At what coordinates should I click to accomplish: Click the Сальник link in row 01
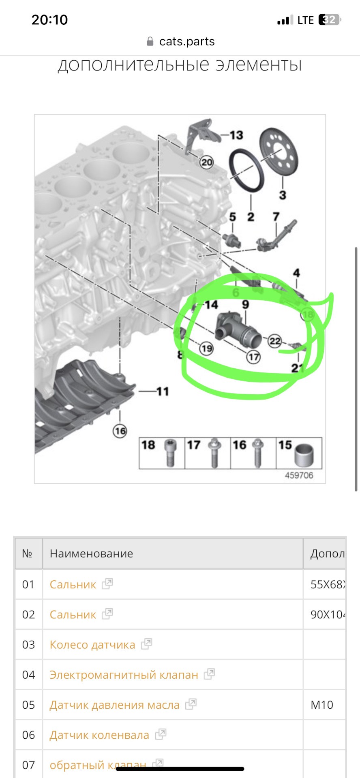tap(73, 584)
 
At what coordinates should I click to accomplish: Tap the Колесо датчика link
tap(92, 645)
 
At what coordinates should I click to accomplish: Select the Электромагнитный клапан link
tap(124, 675)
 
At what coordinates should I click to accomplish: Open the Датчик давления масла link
tap(114, 705)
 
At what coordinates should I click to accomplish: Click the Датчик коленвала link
tap(99, 735)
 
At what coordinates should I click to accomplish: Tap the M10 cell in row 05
tap(322, 705)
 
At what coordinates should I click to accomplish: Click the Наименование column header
tap(92, 554)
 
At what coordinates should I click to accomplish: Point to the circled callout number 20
tap(207, 162)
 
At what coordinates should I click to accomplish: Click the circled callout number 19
tap(206, 348)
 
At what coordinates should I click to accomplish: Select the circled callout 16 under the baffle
tap(120, 431)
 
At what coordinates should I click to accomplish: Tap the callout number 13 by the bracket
tap(236, 135)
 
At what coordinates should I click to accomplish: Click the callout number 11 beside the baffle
tap(162, 391)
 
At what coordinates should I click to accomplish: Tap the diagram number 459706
tap(299, 475)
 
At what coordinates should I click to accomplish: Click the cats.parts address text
tap(186, 41)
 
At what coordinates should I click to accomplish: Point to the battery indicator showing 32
tap(329, 20)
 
